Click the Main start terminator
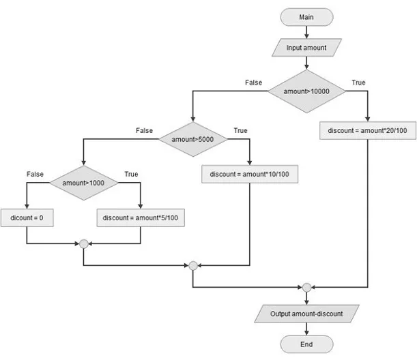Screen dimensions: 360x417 click(x=306, y=16)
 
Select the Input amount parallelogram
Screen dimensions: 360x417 click(x=306, y=48)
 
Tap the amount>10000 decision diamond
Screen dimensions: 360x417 click(x=306, y=91)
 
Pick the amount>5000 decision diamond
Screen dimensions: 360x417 click(x=193, y=139)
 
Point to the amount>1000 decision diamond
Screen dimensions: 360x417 click(x=83, y=183)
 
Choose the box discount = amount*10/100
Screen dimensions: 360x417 click(x=250, y=174)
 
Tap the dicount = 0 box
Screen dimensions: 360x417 click(x=26, y=217)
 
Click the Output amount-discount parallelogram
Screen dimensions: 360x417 click(x=306, y=314)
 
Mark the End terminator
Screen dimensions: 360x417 click(x=306, y=344)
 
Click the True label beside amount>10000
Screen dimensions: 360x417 click(x=358, y=82)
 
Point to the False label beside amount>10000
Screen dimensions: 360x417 click(x=254, y=82)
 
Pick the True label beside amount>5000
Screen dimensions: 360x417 click(x=241, y=130)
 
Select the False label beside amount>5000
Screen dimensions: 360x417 click(x=145, y=130)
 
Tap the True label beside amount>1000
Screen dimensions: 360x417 click(x=130, y=175)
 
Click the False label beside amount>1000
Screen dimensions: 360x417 click(x=35, y=175)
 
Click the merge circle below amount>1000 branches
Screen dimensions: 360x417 click(x=83, y=243)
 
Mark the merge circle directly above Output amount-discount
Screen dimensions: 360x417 click(x=306, y=287)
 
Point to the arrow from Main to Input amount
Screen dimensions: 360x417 click(x=306, y=31)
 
